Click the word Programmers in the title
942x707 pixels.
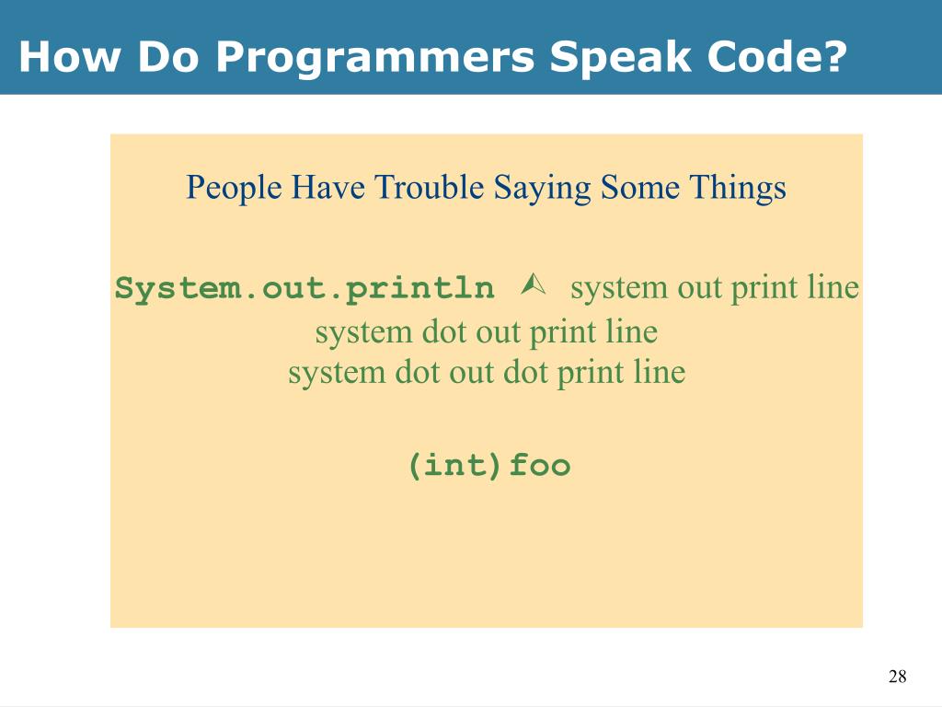click(376, 58)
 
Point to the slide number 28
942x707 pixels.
click(897, 678)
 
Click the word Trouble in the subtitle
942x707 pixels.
click(430, 188)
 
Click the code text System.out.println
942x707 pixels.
click(304, 289)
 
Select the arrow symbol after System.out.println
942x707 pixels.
click(533, 286)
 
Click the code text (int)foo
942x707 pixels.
click(489, 466)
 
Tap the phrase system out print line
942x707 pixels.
click(714, 288)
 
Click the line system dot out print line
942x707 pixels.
click(486, 331)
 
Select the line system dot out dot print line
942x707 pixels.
click(486, 373)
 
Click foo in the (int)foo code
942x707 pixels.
click(540, 466)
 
